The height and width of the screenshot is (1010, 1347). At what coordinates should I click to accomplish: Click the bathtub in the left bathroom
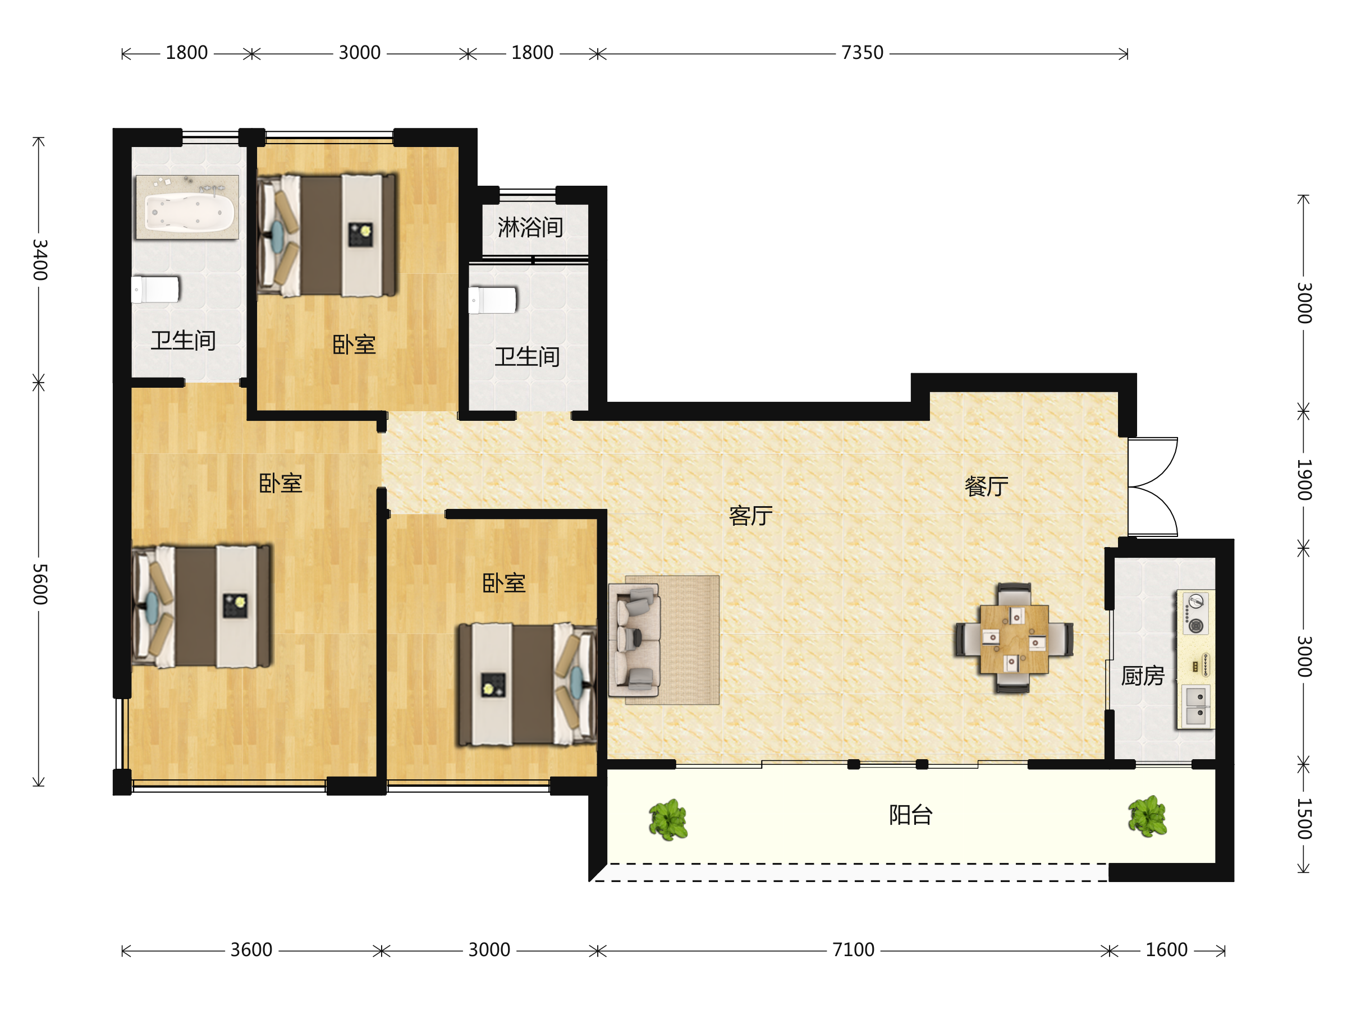click(x=187, y=208)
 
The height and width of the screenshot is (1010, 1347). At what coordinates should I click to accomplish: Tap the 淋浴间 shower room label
click(x=530, y=228)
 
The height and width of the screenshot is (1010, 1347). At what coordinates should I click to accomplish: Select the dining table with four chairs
click(x=1014, y=639)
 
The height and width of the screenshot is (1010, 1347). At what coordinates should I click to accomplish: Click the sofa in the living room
click(x=634, y=640)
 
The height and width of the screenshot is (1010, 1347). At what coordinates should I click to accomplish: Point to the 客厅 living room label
click(x=750, y=516)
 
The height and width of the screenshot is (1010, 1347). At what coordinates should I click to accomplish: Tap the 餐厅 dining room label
click(x=987, y=486)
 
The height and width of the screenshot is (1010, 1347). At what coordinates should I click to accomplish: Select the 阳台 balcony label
click(x=910, y=815)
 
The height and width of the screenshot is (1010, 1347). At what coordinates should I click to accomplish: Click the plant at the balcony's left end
click(x=668, y=819)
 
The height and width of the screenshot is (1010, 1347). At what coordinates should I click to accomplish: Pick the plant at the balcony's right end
click(x=1147, y=816)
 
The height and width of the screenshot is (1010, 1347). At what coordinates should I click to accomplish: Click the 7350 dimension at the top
click(x=862, y=53)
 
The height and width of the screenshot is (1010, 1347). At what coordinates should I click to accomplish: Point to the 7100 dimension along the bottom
click(x=853, y=950)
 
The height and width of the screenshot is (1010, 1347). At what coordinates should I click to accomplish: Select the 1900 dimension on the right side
click(x=1304, y=480)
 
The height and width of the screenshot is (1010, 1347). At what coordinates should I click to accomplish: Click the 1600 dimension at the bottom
click(x=1166, y=950)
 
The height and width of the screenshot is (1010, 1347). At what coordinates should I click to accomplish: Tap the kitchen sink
click(x=1196, y=706)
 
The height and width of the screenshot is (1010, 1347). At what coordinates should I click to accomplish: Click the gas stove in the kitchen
click(x=1196, y=613)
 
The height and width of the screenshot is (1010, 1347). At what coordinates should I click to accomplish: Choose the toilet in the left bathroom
click(x=156, y=290)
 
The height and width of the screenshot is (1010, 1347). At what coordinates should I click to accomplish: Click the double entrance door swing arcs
click(x=1153, y=487)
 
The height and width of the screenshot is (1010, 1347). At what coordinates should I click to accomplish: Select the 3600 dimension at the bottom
click(x=251, y=950)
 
